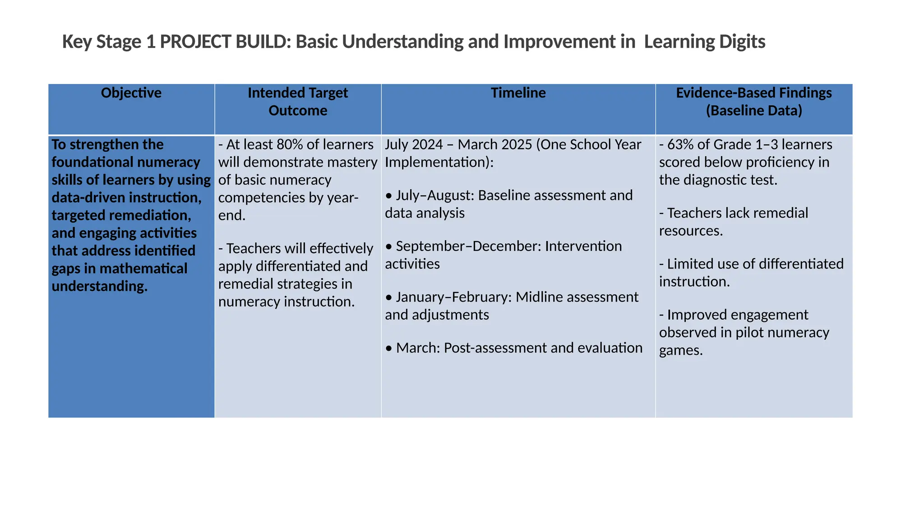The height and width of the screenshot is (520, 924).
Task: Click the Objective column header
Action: (x=131, y=93)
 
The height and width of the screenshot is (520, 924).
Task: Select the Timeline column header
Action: (x=518, y=93)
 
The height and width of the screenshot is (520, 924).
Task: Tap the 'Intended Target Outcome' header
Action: (x=298, y=102)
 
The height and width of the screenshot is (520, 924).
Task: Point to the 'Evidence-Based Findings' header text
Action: (x=753, y=93)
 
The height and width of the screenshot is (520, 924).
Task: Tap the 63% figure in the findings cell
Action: (x=681, y=144)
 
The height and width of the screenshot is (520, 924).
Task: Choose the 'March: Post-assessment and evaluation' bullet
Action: (x=514, y=348)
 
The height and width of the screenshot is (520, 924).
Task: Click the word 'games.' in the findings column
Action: (x=681, y=350)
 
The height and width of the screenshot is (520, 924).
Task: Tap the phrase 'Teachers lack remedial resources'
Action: (x=734, y=222)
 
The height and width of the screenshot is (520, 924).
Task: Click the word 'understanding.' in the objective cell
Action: (x=100, y=286)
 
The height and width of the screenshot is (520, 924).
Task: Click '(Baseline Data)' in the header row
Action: (x=754, y=111)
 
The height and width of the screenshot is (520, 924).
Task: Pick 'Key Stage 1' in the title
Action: (x=109, y=42)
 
